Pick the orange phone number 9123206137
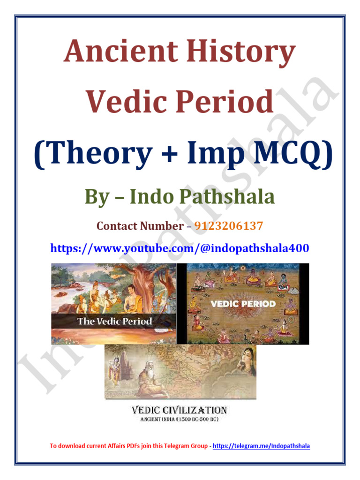(x=228, y=226)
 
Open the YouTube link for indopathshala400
(x=180, y=248)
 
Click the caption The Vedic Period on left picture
(x=115, y=321)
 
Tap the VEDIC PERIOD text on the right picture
(x=242, y=304)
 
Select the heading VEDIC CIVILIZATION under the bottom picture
(x=180, y=410)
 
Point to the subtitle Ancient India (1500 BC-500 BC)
(x=180, y=419)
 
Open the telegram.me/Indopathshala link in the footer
(x=261, y=446)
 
